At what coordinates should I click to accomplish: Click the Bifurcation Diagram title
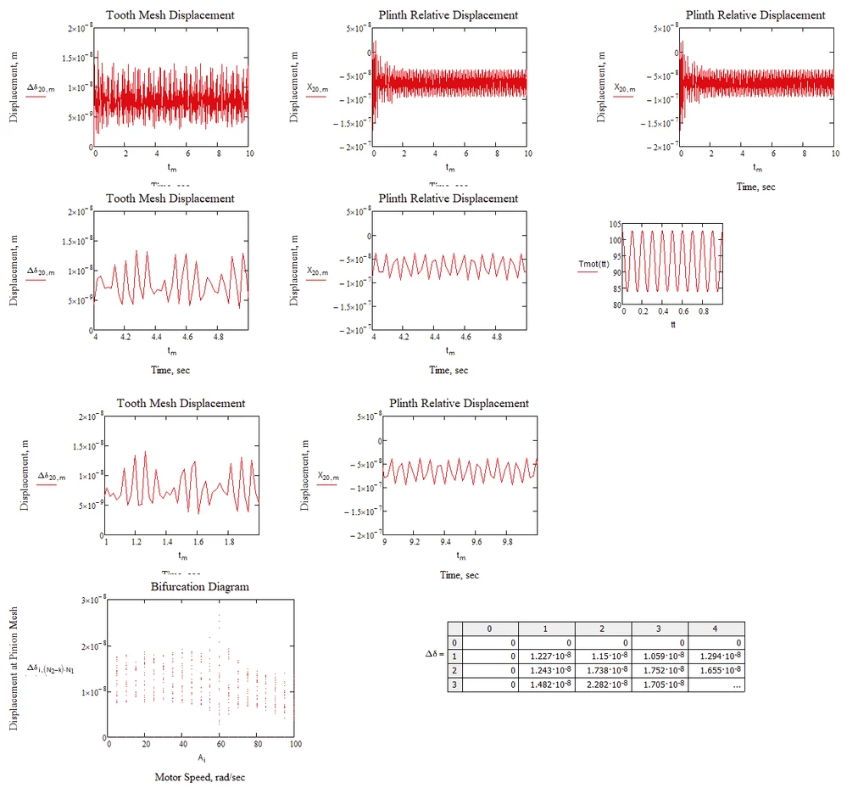200,586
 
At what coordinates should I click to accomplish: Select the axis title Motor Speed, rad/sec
201,776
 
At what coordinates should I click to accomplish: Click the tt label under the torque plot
673,324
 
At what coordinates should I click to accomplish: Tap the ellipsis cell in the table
734,685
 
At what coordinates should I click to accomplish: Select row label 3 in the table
455,685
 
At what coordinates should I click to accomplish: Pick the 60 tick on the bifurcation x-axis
220,744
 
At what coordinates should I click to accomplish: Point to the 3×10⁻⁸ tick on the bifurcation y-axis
90,601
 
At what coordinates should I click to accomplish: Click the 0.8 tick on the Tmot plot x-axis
703,311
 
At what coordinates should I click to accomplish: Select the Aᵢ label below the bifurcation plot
201,757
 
